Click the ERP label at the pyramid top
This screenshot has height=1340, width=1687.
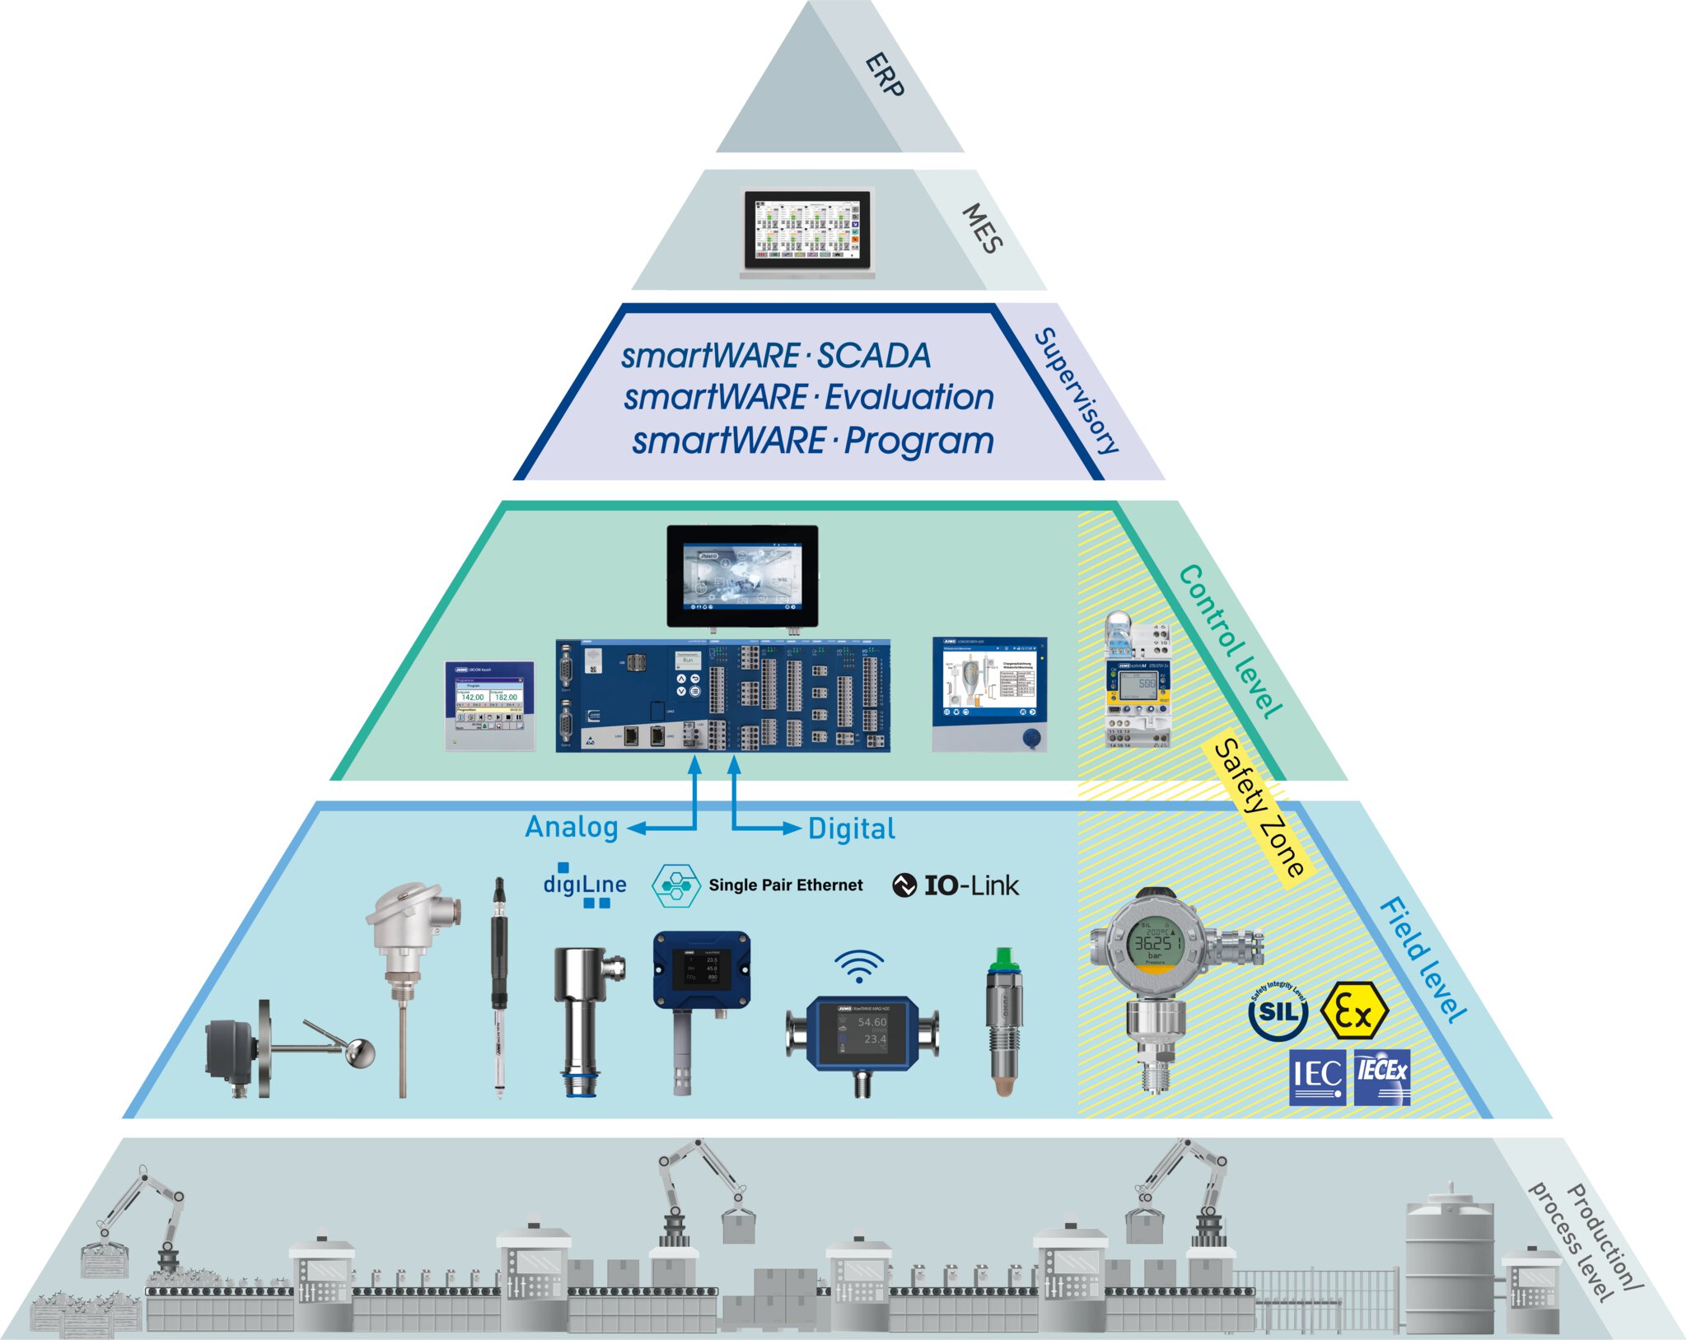coord(885,75)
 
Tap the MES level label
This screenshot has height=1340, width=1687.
coord(983,228)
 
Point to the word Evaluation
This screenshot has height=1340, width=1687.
coord(909,398)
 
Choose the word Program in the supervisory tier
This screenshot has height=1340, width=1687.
coord(919,441)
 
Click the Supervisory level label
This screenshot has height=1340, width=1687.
coord(1077,390)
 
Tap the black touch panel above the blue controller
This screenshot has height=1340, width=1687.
coord(742,577)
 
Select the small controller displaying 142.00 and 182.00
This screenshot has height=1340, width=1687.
coord(489,706)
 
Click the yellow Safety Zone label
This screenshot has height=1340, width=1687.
coord(1259,808)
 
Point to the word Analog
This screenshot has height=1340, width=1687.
coord(572,827)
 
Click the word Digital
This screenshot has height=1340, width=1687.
coord(851,829)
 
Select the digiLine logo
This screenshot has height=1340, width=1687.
coord(585,885)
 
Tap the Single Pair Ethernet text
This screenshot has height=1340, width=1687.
coord(785,885)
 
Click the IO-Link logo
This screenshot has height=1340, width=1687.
coord(956,885)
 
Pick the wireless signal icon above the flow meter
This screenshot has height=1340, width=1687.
coord(858,965)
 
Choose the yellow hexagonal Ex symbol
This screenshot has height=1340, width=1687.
coord(1353,1012)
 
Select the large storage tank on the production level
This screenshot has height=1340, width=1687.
coord(1449,1260)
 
